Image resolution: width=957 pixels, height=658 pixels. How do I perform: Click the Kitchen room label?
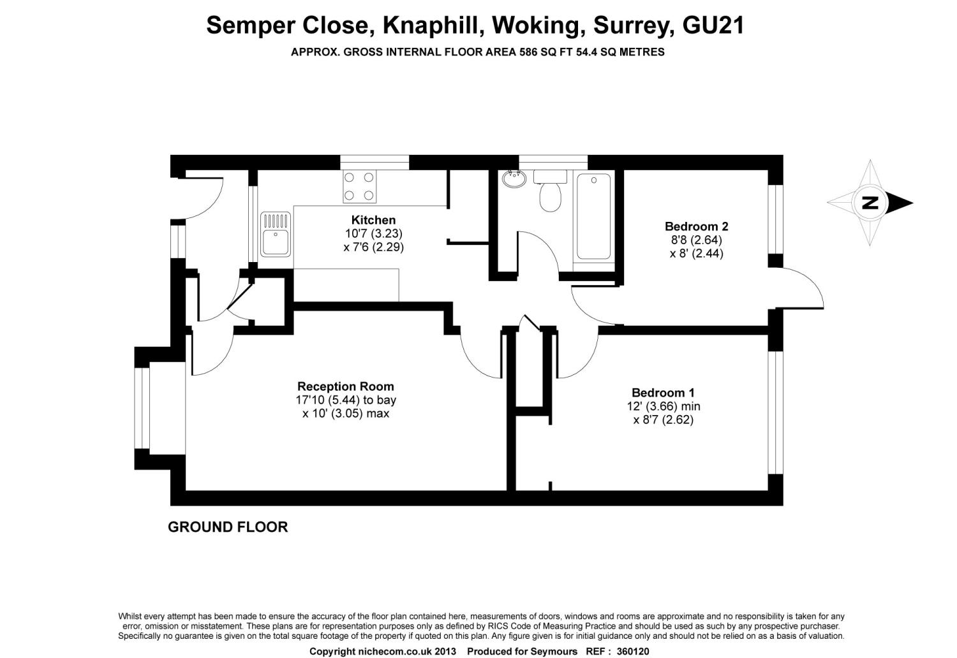click(373, 221)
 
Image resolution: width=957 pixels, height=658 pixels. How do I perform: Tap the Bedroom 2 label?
click(697, 226)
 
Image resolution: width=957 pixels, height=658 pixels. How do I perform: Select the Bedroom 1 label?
click(663, 393)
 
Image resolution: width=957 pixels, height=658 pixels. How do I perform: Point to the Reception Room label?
click(346, 386)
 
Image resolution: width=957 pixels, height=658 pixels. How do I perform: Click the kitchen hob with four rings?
click(359, 186)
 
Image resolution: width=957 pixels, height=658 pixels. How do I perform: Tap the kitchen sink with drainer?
click(276, 235)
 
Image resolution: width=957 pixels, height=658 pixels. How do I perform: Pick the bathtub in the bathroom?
click(593, 217)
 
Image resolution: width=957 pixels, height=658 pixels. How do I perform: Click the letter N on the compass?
click(870, 202)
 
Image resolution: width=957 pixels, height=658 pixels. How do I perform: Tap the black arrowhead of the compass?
click(900, 203)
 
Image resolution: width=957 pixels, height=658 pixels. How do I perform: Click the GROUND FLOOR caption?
click(228, 527)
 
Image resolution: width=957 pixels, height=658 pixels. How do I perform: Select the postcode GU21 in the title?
click(713, 25)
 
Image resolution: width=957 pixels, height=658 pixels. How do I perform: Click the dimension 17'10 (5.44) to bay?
click(346, 400)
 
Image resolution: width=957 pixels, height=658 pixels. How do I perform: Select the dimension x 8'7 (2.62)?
click(663, 420)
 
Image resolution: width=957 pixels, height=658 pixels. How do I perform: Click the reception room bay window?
click(142, 408)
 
